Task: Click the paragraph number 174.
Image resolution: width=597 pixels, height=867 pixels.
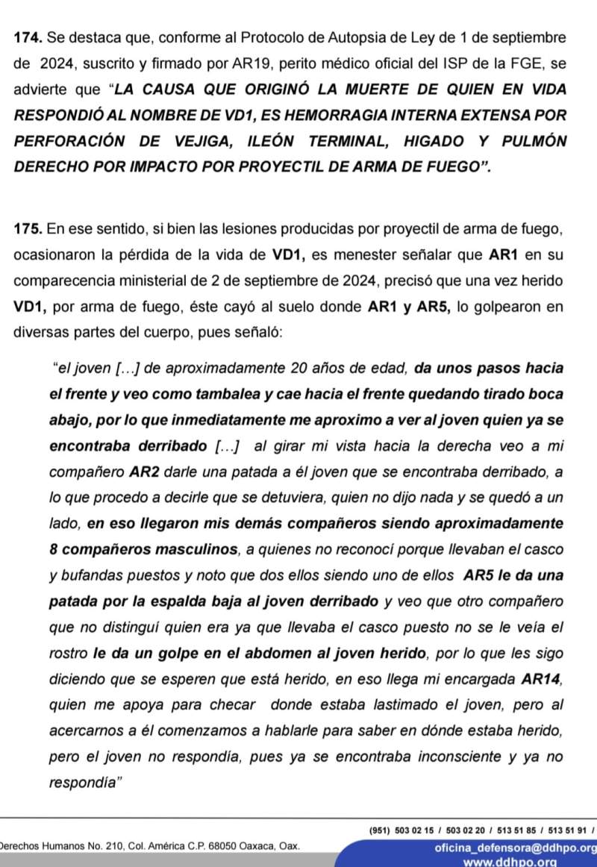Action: pyautogui.click(x=25, y=37)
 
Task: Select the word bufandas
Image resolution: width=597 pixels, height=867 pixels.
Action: pyautogui.click(x=90, y=576)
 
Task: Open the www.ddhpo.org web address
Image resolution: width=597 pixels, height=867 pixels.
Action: pyautogui.click(x=510, y=861)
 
